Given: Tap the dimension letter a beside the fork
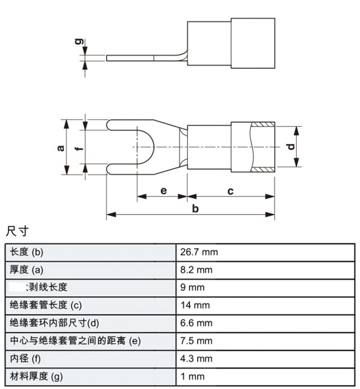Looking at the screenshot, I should pyautogui.click(x=60, y=147).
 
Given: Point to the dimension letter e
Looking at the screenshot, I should pyautogui.click(x=163, y=191).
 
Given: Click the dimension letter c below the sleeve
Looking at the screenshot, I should pyautogui.click(x=231, y=191).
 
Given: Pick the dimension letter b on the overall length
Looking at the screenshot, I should pyautogui.click(x=195, y=209).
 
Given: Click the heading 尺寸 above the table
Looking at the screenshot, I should pyautogui.click(x=17, y=231).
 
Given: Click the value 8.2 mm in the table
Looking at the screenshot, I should pyautogui.click(x=196, y=270).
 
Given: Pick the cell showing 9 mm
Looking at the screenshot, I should pyautogui.click(x=192, y=288).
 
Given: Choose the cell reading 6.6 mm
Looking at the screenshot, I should pyautogui.click(x=196, y=323).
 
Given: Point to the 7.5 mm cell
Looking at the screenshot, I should pyautogui.click(x=196, y=341).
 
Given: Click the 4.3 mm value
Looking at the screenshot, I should pyautogui.click(x=196, y=359).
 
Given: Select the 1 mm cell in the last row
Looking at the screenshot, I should pyautogui.click(x=192, y=377).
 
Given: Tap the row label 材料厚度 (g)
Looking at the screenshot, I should pyautogui.click(x=36, y=377).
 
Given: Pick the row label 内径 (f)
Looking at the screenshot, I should pyautogui.click(x=25, y=359).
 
